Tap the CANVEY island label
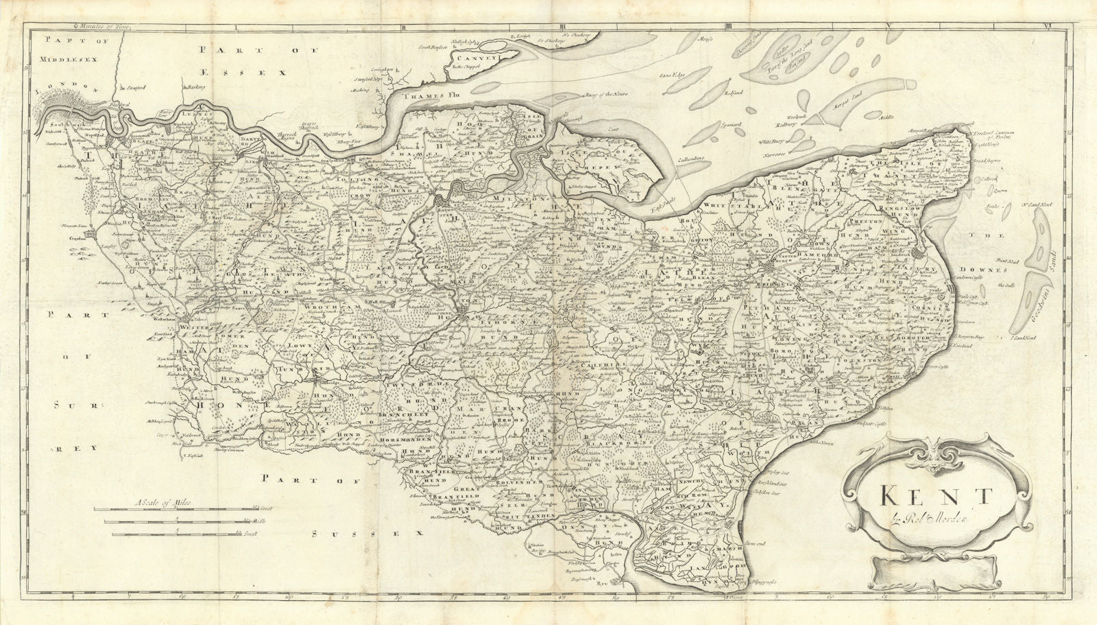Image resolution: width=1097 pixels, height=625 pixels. click(x=476, y=60)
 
